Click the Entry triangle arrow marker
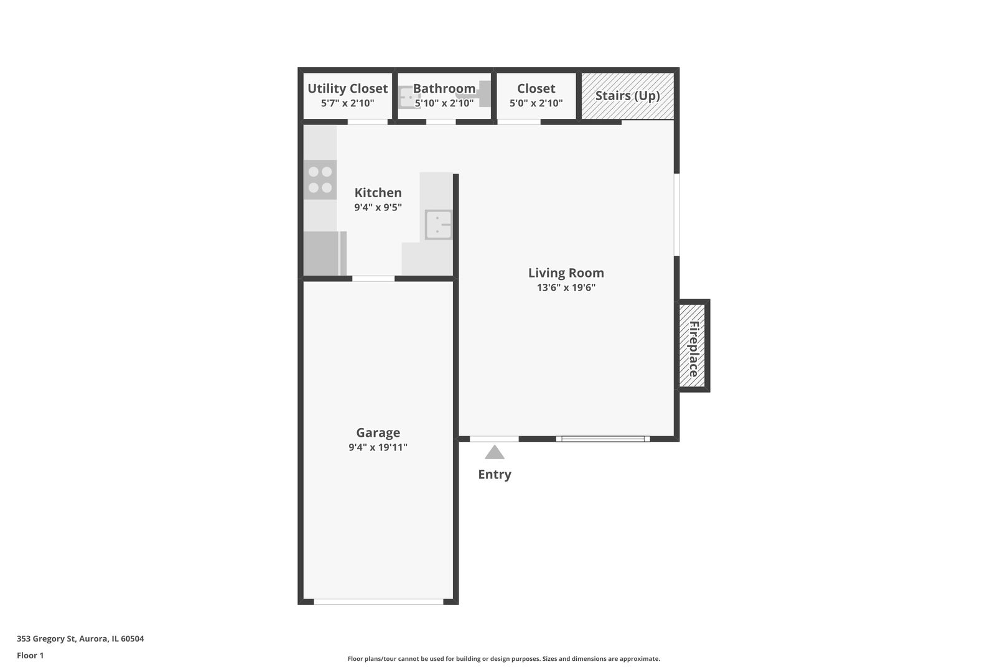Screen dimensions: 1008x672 coord(494,452)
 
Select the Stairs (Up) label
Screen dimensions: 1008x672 coord(627,96)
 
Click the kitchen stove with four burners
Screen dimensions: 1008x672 coord(320,180)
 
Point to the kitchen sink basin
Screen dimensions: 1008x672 coord(438,225)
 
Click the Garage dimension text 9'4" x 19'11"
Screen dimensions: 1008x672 coord(378,447)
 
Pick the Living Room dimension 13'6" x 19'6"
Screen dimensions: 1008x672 coord(566,287)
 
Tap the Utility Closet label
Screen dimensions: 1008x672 coord(347,89)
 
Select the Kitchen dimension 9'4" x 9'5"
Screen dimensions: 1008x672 coord(378,207)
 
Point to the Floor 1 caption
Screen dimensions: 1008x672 coord(30,655)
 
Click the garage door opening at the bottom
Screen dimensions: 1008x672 coord(378,602)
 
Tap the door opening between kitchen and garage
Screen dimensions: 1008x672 coord(373,279)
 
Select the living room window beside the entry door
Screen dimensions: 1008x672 coord(603,439)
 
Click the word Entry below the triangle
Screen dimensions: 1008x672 coord(495,474)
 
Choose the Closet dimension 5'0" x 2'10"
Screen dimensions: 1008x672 coord(536,103)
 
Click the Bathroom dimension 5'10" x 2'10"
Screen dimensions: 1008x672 coord(444,103)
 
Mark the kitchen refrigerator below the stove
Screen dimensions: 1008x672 coord(325,253)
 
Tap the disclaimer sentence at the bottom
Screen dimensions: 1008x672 coord(503,659)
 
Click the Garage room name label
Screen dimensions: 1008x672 coord(378,432)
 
